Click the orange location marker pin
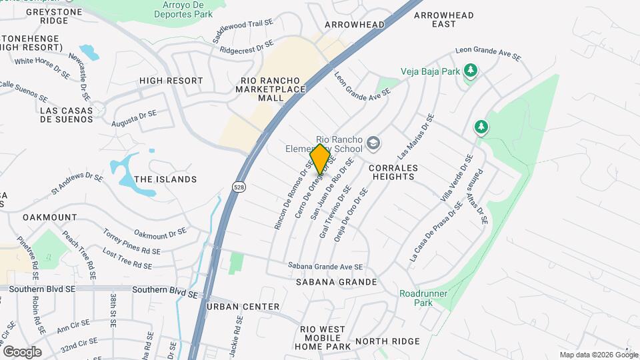[321, 159]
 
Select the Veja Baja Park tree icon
[471, 70]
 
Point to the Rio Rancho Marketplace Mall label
[273, 89]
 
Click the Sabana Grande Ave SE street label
[325, 265]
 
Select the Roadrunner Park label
[423, 298]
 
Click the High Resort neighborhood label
[171, 81]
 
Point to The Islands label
[165, 179]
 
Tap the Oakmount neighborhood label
[49, 217]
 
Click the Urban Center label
[243, 307]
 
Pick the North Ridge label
[387, 341]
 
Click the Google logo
[22, 352]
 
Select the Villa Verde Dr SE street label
[457, 178]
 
